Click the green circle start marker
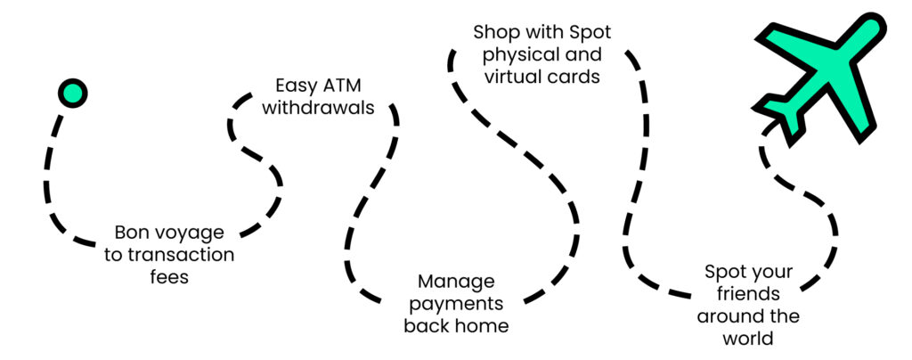(x=72, y=93)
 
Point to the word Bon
(x=132, y=233)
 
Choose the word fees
(x=169, y=276)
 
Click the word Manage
(x=456, y=282)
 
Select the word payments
(x=456, y=304)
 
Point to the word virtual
(x=511, y=77)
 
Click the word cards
(x=574, y=77)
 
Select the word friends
(x=748, y=294)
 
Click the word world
(x=748, y=338)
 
